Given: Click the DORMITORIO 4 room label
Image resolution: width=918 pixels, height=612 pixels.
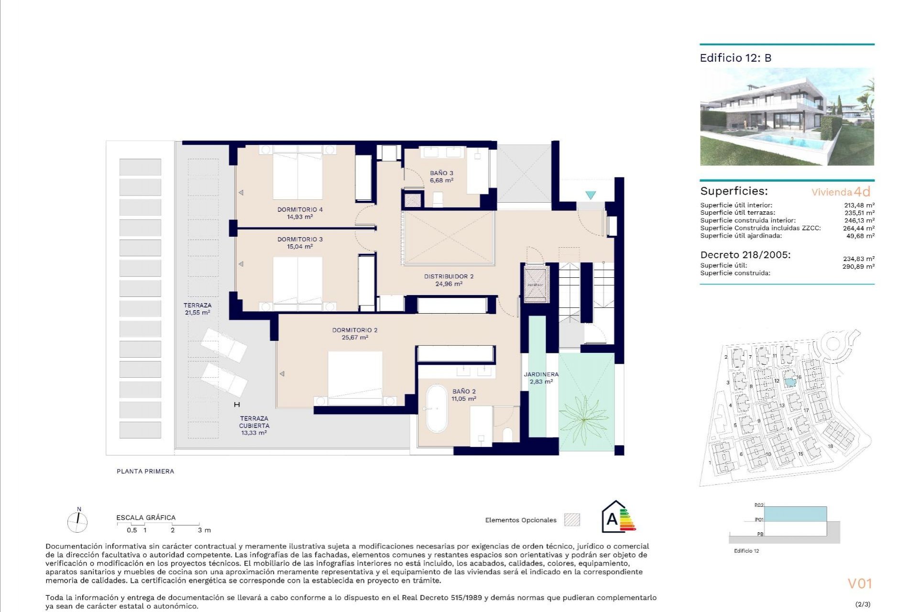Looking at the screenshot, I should click(x=300, y=209).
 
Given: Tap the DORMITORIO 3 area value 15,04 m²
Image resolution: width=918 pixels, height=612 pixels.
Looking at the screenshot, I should click(x=300, y=247).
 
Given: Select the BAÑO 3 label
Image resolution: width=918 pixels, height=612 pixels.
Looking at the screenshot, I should click(x=441, y=173).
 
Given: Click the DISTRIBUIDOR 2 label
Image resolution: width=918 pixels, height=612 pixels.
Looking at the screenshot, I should click(x=448, y=276).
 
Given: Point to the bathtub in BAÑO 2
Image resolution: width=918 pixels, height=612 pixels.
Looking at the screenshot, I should click(x=437, y=409).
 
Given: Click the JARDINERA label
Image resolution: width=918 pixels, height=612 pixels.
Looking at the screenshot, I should click(x=541, y=374).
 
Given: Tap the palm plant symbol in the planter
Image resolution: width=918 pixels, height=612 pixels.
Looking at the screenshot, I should click(x=584, y=420).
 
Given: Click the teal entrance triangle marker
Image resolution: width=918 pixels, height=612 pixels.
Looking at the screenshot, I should click(x=590, y=195).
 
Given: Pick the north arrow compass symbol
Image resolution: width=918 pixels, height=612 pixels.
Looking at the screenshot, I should click(x=77, y=521).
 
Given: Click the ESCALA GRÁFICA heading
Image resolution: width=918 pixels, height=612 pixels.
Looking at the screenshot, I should click(x=146, y=517).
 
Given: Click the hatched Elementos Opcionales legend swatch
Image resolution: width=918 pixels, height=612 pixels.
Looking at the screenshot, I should click(x=572, y=520).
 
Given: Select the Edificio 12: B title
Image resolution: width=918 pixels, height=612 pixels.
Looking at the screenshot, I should click(x=735, y=58).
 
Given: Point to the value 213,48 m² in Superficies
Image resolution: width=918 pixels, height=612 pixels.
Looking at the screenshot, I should click(x=859, y=205).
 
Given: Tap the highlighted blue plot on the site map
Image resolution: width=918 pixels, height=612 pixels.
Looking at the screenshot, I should click(x=790, y=382).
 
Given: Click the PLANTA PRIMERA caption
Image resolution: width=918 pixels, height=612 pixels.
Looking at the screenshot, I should click(x=145, y=471).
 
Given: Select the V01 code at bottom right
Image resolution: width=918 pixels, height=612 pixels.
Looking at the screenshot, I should click(x=860, y=583).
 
